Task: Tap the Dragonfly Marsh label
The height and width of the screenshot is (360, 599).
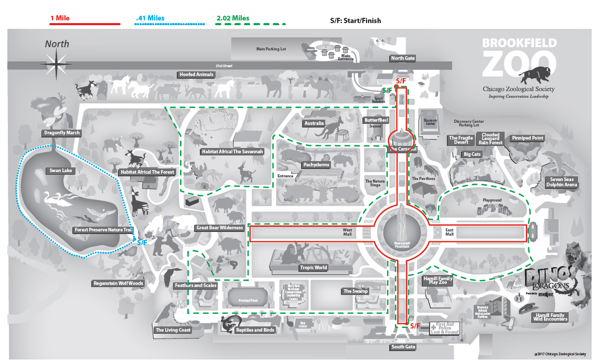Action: tap(62, 133)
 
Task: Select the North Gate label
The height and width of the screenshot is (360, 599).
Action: tap(402, 58)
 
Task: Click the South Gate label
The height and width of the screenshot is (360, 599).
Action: tap(403, 347)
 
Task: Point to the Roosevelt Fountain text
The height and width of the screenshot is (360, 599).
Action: tap(402, 244)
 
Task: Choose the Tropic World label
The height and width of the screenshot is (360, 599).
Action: tap(313, 268)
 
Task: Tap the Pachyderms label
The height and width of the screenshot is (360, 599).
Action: tap(316, 164)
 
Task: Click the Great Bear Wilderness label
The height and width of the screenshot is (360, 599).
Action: tap(219, 228)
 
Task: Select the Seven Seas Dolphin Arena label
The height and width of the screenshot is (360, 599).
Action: tap(561, 182)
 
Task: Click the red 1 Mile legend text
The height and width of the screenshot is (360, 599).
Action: tap(60, 18)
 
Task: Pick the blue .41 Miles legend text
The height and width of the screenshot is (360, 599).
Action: tap(150, 18)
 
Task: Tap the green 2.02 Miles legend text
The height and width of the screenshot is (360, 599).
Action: tap(233, 18)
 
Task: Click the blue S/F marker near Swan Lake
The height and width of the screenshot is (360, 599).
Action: tap(142, 242)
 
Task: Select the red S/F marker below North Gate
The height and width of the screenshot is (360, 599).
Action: tap(401, 81)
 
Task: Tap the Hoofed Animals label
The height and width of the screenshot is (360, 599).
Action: tap(197, 75)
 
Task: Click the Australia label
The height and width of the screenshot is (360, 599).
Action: tap(314, 124)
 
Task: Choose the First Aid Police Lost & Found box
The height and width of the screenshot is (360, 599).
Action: tap(445, 329)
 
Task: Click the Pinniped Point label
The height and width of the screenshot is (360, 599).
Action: tap(528, 138)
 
